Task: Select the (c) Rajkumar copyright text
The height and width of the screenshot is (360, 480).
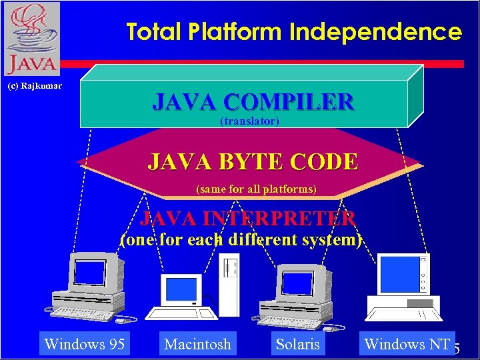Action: [35, 86]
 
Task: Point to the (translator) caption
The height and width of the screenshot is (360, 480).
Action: [249, 121]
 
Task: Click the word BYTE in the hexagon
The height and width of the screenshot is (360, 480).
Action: [242, 161]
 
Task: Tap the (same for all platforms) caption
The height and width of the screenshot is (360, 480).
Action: [256, 189]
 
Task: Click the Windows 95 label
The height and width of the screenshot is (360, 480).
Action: [83, 344]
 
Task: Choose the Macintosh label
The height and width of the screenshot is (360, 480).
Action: [197, 344]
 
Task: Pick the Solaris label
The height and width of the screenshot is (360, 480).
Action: [297, 344]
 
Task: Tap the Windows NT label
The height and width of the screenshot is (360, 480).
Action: [407, 344]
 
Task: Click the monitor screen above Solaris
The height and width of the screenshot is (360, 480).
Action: [297, 281]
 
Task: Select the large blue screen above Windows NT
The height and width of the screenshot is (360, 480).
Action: [398, 274]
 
